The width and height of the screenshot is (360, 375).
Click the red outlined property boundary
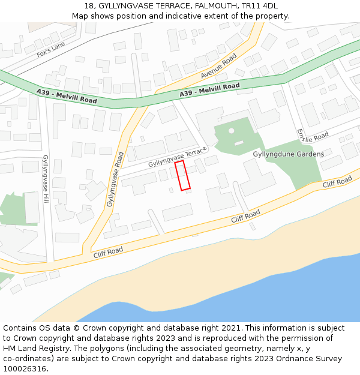coord(182,175)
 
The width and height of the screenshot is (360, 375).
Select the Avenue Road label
coord(219,66)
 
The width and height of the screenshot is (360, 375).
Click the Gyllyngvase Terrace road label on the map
coord(178,157)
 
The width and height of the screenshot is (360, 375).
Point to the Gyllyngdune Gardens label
coord(288,154)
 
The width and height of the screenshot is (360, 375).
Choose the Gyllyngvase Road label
coord(115,179)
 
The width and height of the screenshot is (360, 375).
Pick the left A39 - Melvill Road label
coord(66,95)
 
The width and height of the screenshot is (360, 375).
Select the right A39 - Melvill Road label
coord(209,90)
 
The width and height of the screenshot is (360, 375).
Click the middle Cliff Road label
coord(246,217)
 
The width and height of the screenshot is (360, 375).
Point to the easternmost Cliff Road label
coord(337,182)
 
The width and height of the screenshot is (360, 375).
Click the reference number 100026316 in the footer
coord(24,369)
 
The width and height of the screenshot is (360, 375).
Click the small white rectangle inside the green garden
coord(239,143)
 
